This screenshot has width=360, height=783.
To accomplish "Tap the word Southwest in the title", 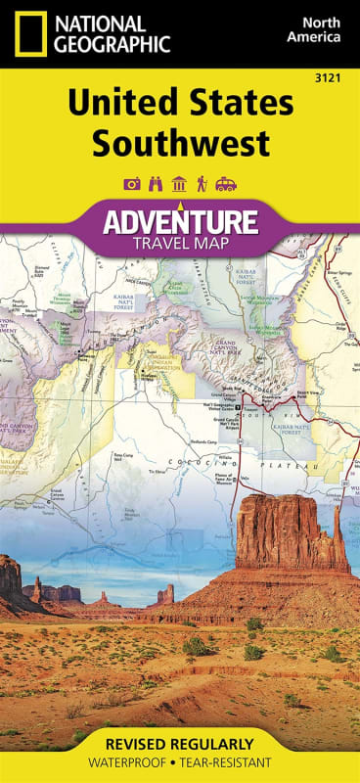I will pos(180,144).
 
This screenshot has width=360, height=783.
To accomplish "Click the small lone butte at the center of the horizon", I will pos(166,593).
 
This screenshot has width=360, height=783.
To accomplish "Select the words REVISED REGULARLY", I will pos(180,744).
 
